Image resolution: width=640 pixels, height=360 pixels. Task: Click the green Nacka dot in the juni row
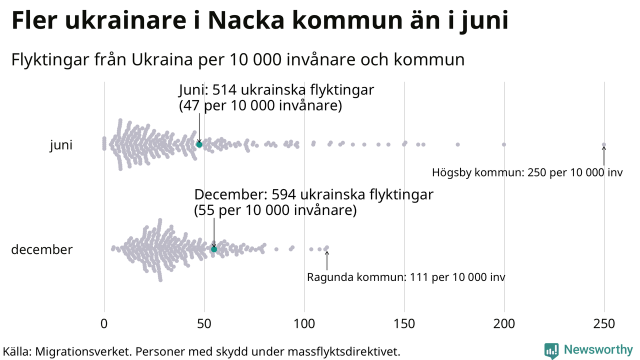click(199, 144)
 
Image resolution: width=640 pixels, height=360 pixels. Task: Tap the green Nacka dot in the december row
click(214, 249)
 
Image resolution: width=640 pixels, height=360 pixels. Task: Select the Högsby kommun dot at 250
click(603, 144)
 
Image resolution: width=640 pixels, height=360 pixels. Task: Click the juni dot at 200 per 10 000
click(504, 144)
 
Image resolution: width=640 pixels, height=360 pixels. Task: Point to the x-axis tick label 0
click(104, 324)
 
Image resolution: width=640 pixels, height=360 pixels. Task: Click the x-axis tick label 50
click(204, 324)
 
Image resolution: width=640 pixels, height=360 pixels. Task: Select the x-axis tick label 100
click(304, 324)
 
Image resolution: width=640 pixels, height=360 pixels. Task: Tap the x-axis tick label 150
click(404, 324)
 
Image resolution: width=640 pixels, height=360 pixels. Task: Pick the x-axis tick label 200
click(504, 324)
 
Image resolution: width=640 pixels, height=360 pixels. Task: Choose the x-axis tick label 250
click(604, 324)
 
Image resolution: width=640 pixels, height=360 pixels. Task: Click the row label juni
click(61, 145)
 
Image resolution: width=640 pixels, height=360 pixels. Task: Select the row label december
click(41, 249)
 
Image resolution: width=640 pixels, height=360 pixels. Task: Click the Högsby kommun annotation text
click(527, 173)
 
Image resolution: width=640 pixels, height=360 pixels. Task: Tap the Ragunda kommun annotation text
click(406, 277)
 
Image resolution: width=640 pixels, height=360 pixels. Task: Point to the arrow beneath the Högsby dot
click(603, 156)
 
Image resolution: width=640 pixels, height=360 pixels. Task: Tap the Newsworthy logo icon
click(551, 350)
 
